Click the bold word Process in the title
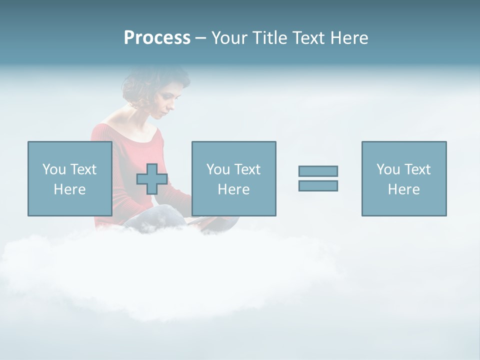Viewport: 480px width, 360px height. coord(157,38)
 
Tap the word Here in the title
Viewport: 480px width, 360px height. coord(349,38)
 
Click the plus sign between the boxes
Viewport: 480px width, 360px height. coord(152,179)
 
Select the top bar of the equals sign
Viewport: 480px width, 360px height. coord(318,171)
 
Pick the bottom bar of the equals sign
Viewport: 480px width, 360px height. coord(318,185)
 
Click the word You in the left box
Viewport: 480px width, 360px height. coord(53,169)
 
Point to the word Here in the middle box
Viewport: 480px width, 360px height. coord(233,189)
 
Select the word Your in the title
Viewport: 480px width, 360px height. coord(229,38)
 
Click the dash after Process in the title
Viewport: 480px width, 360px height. coord(200,38)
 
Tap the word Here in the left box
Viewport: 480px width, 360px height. coord(69,189)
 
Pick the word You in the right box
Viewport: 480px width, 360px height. coord(387,169)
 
